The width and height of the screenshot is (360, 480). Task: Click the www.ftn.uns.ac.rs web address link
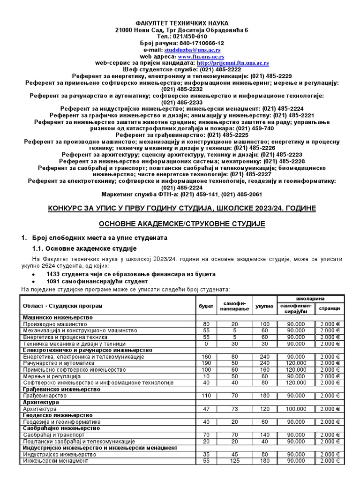190,56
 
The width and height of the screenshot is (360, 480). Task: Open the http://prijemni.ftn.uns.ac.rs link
233,62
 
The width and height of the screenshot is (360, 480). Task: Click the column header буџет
206,306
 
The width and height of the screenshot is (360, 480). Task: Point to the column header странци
330,308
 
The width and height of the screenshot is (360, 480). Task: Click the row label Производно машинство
55,324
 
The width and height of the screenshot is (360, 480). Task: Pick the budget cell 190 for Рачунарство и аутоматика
206,363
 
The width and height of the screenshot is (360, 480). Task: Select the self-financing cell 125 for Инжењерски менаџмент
235,461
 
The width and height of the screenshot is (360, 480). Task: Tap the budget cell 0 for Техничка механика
206,343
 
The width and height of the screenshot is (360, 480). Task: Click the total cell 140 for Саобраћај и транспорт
264,435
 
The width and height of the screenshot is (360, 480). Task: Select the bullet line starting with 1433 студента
131,273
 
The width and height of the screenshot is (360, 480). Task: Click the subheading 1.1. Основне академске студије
84,248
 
